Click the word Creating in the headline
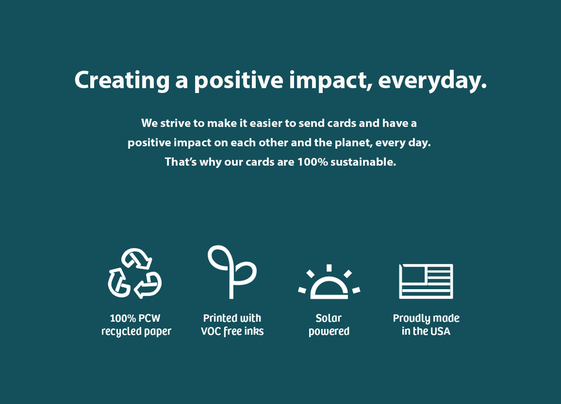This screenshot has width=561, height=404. [122, 80]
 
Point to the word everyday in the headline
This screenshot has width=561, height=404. [432, 81]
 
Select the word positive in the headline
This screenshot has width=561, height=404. [238, 81]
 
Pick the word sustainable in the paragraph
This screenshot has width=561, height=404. [363, 162]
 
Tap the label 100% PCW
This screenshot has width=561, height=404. [135, 318]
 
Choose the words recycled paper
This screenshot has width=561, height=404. [136, 331]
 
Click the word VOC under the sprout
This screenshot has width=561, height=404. [211, 331]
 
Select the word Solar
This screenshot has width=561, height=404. [328, 318]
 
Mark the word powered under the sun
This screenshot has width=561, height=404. [329, 332]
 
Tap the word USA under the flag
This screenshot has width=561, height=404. [440, 331]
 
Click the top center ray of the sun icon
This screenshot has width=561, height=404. [329, 268]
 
